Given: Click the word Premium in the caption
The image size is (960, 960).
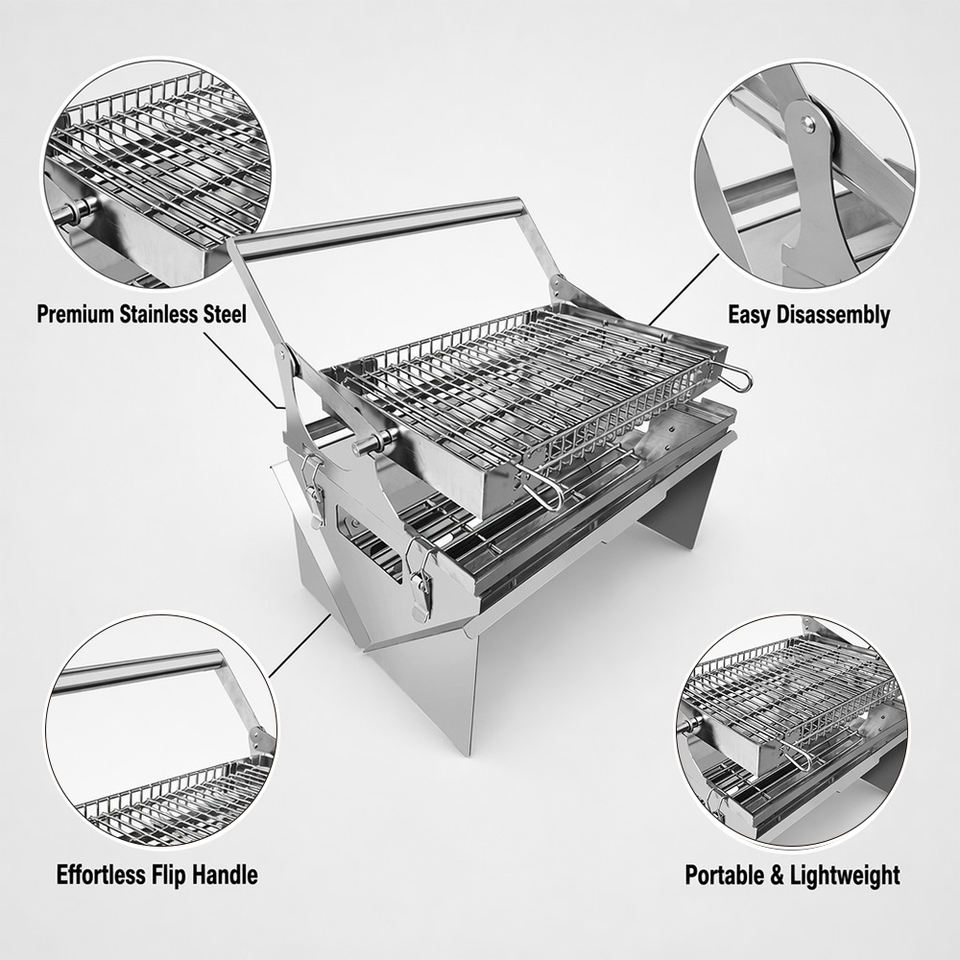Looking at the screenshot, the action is (75, 314).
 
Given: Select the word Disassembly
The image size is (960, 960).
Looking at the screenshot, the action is (833, 315).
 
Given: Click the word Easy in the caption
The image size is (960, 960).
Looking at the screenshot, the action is (749, 315).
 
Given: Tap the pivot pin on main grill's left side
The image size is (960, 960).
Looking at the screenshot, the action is (376, 440).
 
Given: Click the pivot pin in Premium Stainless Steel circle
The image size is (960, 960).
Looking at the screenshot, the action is (76, 214).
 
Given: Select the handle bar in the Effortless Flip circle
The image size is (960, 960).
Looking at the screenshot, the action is (138, 672).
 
